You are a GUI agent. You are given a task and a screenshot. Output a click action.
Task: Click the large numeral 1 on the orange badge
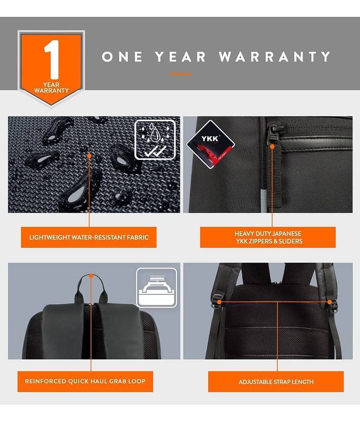(x=52, y=60)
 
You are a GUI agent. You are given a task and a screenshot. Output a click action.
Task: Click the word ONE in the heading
(x=122, y=57)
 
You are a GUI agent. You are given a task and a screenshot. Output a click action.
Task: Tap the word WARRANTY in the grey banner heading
(x=275, y=57)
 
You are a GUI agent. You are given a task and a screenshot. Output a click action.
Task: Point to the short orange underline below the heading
(x=180, y=74)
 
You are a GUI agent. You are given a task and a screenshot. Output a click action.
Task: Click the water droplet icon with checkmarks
(x=155, y=140)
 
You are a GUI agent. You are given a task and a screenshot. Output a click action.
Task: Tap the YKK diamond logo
(x=210, y=144)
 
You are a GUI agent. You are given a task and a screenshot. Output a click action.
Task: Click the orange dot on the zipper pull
(x=272, y=147)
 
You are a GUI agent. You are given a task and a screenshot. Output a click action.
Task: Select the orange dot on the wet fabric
(x=89, y=156)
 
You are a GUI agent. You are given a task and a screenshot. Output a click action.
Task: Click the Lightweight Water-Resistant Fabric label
(x=89, y=237)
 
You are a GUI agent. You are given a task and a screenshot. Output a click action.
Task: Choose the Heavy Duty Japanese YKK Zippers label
(x=268, y=237)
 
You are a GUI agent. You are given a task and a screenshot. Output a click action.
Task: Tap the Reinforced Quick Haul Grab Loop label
(x=85, y=381)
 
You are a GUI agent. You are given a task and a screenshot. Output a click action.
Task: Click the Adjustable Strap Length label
(x=276, y=381)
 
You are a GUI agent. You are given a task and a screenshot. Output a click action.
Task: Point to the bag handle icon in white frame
(x=157, y=287)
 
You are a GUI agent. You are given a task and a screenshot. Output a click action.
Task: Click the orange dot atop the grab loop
(x=91, y=276)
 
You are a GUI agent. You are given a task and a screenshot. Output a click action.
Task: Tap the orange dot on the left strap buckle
(x=219, y=302)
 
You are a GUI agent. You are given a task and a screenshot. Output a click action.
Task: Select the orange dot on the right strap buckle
(x=329, y=302)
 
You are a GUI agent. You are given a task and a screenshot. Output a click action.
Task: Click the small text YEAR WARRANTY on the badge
(x=51, y=88)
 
